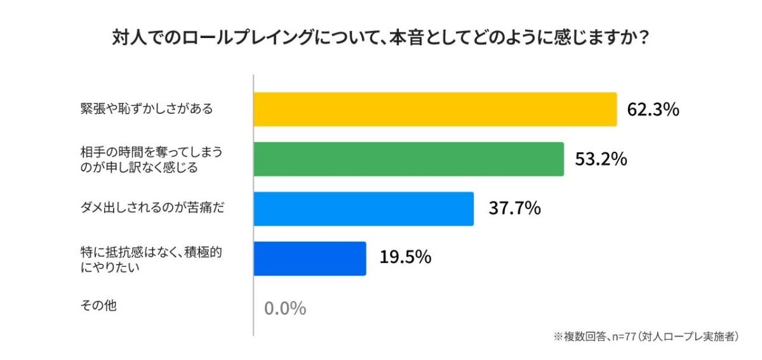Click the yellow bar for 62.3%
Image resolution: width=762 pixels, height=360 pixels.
435,109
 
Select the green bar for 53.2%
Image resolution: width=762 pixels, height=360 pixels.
408,159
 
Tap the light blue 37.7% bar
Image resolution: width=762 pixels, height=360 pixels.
363,208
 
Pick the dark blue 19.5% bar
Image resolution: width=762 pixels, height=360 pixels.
309,258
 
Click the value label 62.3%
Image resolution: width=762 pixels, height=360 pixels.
653,110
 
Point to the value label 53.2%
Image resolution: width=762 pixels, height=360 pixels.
601,159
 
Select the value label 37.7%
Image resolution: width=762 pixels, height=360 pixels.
514,208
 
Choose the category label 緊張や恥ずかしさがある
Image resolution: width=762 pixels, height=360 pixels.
146,109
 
